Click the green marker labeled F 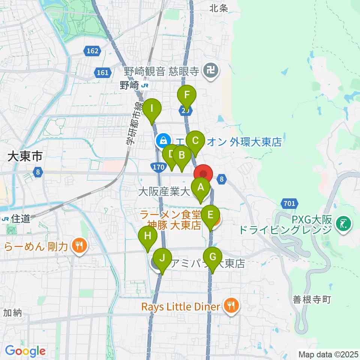[187, 95]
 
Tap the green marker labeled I [152, 109]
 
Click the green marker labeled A [201, 186]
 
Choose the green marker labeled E [210, 215]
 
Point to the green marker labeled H [147, 236]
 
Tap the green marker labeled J [162, 258]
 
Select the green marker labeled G [213, 258]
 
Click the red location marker [203, 174]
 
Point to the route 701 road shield [289, 204]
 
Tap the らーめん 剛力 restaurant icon [79, 246]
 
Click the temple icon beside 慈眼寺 [211, 71]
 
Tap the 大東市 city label [25, 157]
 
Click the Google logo [25, 351]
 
